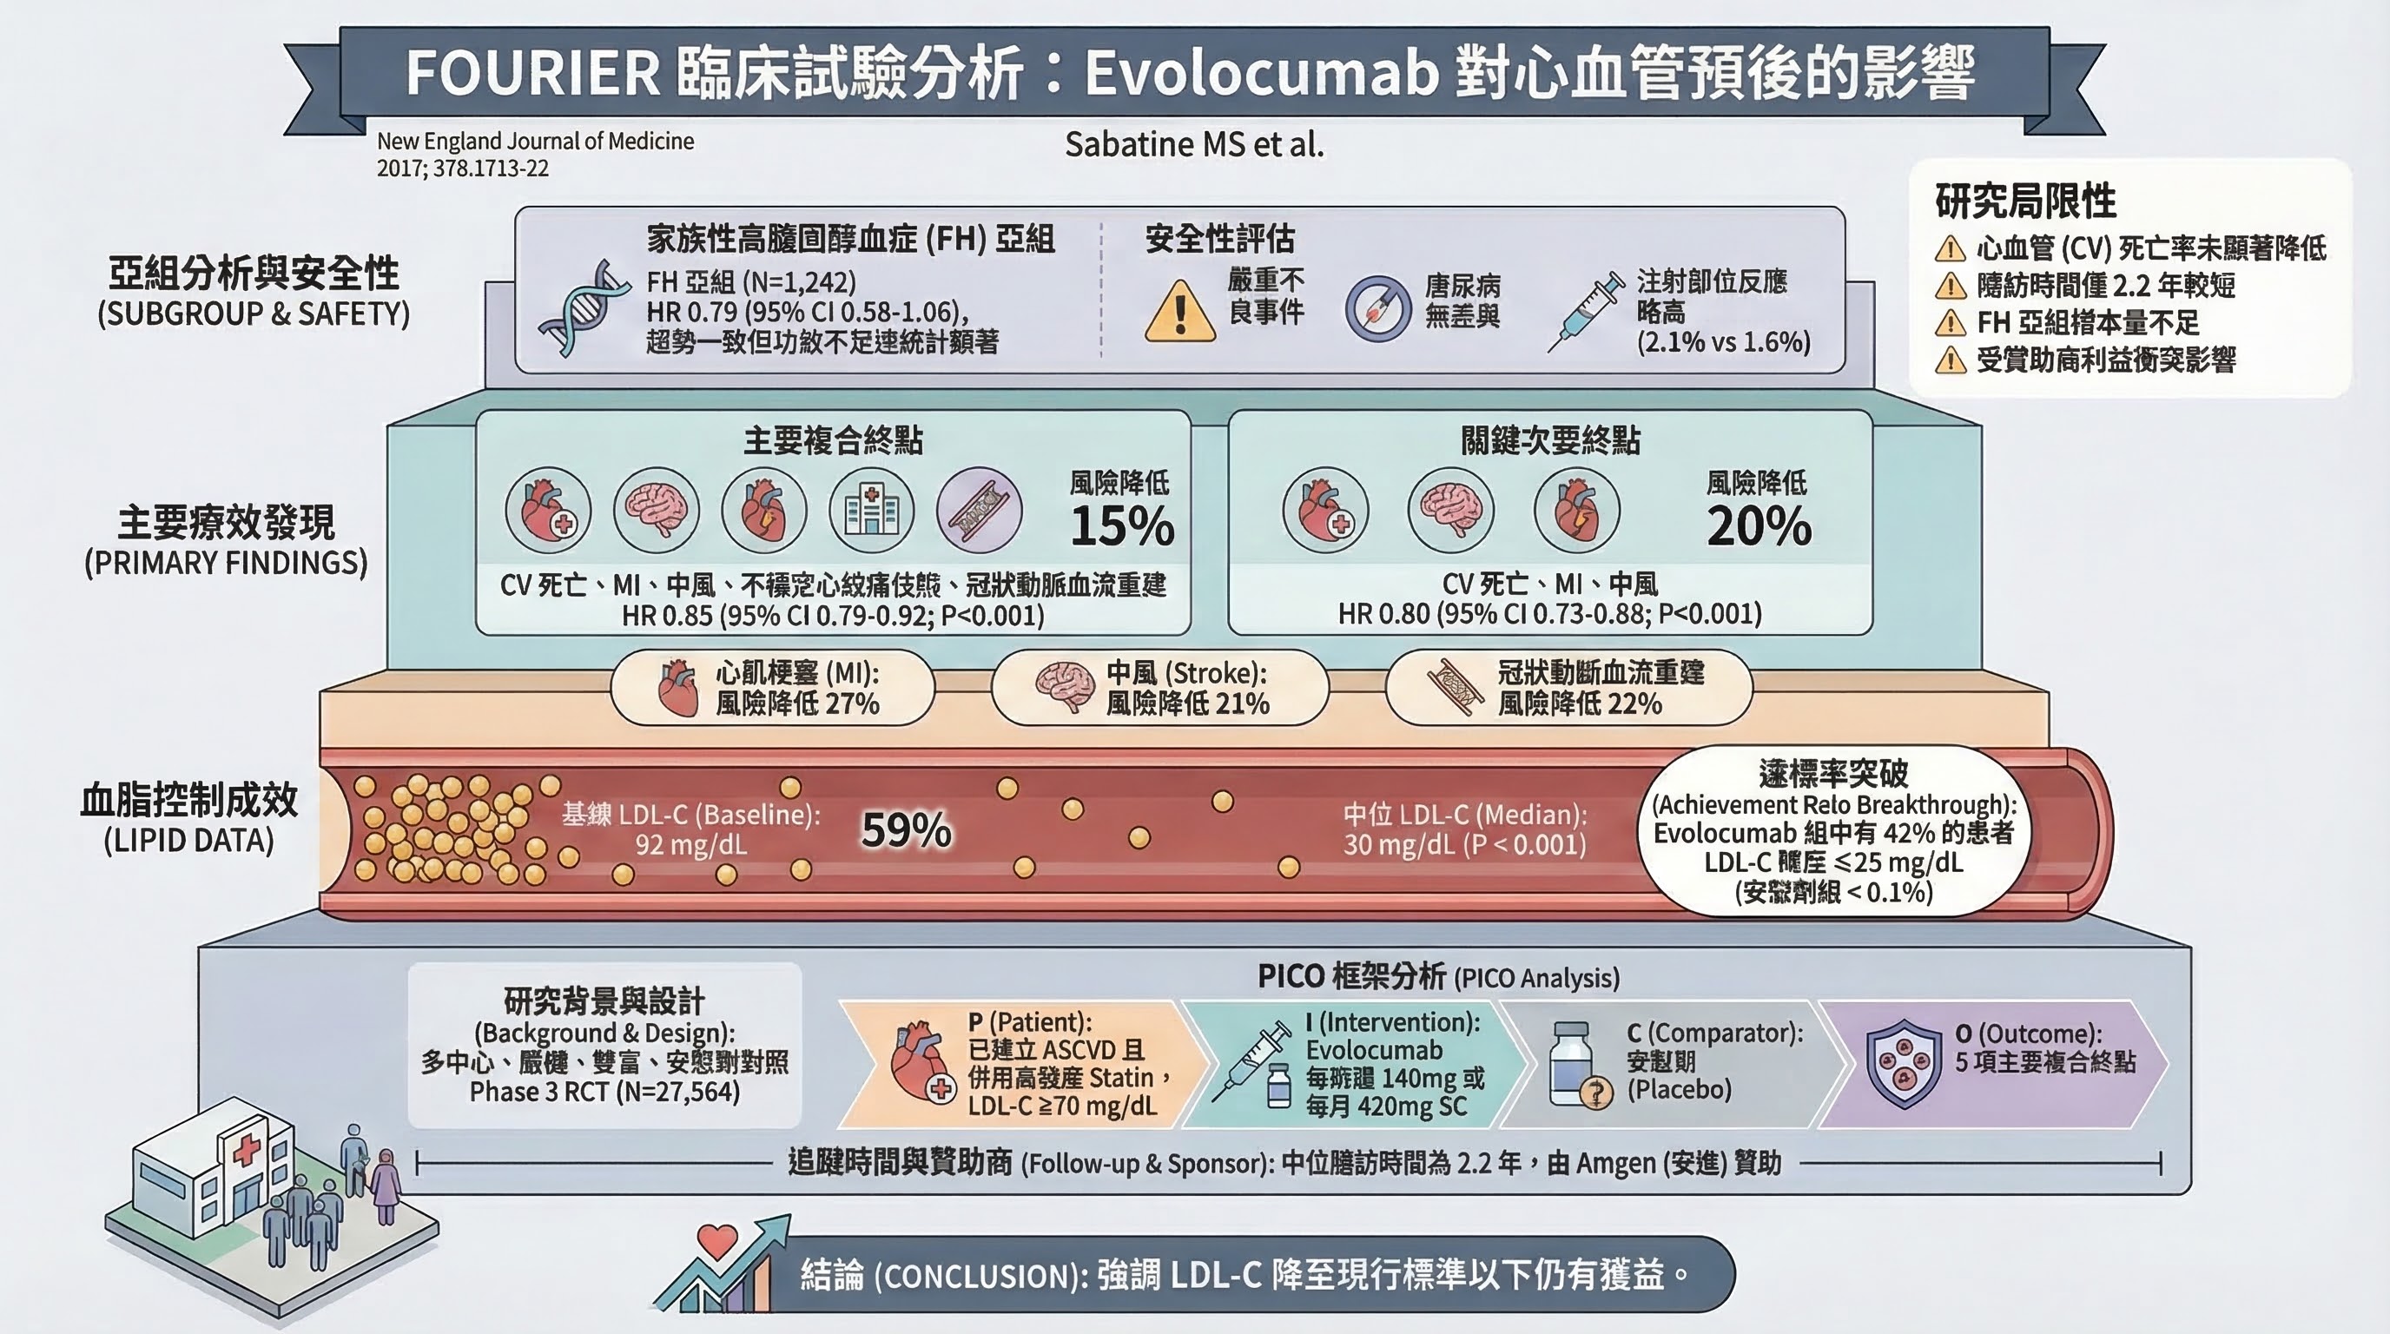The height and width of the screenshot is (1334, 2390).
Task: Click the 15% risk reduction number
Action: click(x=1122, y=526)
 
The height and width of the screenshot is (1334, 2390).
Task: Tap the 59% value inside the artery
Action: click(x=906, y=829)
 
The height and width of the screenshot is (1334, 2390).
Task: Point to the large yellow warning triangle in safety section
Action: click(x=1179, y=312)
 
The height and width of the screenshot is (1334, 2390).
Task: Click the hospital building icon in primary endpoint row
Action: click(x=871, y=510)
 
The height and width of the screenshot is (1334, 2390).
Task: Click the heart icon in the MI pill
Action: click(x=677, y=687)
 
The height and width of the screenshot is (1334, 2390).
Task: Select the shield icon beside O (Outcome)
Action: click(x=1903, y=1063)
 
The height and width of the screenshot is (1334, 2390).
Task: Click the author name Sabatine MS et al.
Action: click(x=1194, y=145)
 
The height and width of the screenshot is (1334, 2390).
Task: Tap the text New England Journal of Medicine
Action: click(x=535, y=141)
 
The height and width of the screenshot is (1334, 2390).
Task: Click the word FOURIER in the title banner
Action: click(x=532, y=72)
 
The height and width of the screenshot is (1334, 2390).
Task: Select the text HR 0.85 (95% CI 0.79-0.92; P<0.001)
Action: click(x=832, y=615)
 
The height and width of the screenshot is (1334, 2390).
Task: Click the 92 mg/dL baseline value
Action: click(x=690, y=845)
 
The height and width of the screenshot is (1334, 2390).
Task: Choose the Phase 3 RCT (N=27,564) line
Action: click(x=605, y=1092)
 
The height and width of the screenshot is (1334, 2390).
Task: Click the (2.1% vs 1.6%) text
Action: click(x=1723, y=342)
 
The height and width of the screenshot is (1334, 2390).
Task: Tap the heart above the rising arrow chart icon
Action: click(x=716, y=1239)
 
